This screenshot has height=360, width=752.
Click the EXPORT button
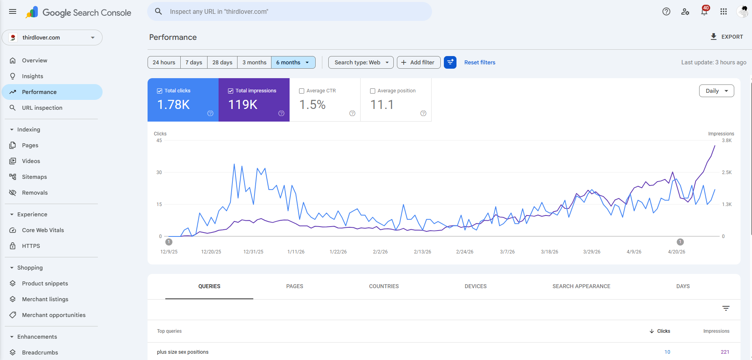[x=726, y=37]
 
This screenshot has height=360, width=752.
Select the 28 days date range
[x=222, y=62]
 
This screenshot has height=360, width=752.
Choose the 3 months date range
[x=254, y=62]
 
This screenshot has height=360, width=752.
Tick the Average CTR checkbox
[x=302, y=91]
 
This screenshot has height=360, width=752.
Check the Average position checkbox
[x=373, y=91]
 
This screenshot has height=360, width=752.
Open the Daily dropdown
[x=716, y=91]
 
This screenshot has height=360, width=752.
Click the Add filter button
[x=419, y=62]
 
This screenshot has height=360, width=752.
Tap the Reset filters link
[x=480, y=62]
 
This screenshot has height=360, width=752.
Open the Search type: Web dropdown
[x=361, y=62]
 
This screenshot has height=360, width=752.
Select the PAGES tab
[x=295, y=286]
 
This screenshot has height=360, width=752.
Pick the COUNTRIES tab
[x=384, y=286]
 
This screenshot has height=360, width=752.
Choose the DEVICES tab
[x=476, y=286]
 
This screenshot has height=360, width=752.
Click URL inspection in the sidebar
[x=42, y=108]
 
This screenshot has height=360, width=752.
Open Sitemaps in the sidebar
[x=34, y=177]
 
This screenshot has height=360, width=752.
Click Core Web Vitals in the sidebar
[x=43, y=230]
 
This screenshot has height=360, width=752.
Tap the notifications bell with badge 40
[x=704, y=11]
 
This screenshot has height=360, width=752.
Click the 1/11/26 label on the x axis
[x=296, y=252]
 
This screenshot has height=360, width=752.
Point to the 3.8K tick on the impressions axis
[x=727, y=141]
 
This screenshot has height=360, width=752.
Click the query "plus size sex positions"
[x=183, y=352]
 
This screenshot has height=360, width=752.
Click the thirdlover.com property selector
[x=52, y=37]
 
